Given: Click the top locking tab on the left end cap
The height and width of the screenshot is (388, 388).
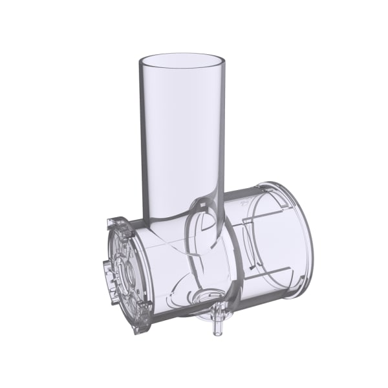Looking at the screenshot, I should pyautogui.click(x=114, y=222).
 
